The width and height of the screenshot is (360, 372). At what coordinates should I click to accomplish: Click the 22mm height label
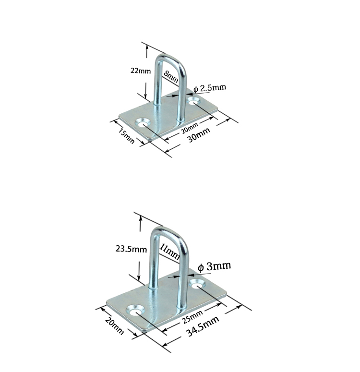click(141, 71)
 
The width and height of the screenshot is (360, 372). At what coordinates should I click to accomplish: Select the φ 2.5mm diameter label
click(209, 88)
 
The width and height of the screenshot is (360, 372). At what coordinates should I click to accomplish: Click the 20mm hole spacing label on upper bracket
click(190, 128)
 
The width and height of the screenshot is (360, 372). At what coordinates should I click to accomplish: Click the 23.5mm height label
click(131, 249)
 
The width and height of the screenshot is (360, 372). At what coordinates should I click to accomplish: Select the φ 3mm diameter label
click(215, 266)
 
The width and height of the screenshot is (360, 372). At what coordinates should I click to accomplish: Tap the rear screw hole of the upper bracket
click(194, 101)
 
